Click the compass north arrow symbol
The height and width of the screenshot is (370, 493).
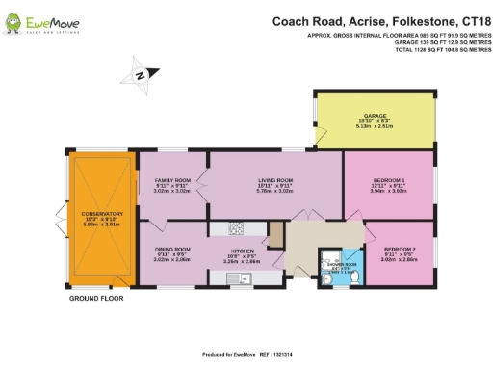click(142, 73)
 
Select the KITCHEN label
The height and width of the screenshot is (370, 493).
click(242, 250)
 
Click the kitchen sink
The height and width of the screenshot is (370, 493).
click(237, 278)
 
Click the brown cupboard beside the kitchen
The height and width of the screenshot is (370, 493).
click(276, 234)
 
